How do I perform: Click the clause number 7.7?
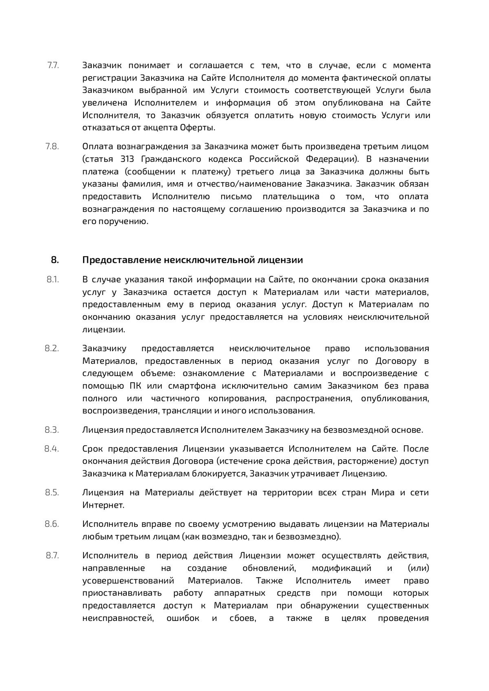[x=53, y=65]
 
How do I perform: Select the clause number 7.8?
[x=53, y=146]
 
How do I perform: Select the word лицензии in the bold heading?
[x=284, y=260]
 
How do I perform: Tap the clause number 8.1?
[x=53, y=279]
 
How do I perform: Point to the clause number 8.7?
[x=53, y=555]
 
